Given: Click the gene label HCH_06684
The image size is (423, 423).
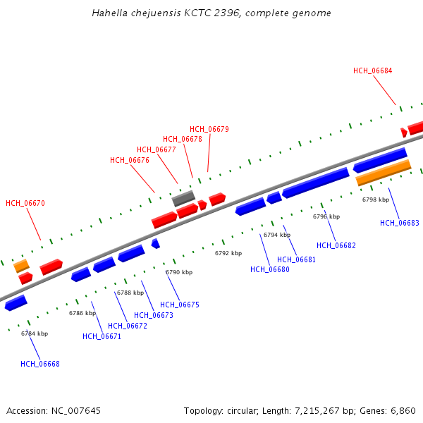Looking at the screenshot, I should pyautogui.click(x=372, y=70).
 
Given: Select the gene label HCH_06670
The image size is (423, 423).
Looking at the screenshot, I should pyautogui.click(x=25, y=203).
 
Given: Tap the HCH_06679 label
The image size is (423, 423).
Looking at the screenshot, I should pyautogui.click(x=209, y=129).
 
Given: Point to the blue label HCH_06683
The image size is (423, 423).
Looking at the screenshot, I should pyautogui.click(x=399, y=223).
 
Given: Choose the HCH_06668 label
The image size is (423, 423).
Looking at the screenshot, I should pyautogui.click(x=39, y=364).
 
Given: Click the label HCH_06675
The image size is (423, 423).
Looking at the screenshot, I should pyautogui.click(x=179, y=305).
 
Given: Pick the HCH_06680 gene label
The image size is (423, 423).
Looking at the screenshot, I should pyautogui.click(x=269, y=269).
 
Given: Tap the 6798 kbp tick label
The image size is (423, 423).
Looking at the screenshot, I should pyautogui.click(x=375, y=200).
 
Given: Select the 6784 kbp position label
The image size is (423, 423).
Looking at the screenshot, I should pyautogui.click(x=34, y=333).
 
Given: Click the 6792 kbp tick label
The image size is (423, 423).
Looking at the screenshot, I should pyautogui.click(x=228, y=253).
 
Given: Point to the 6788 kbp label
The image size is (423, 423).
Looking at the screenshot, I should pyautogui.click(x=130, y=293).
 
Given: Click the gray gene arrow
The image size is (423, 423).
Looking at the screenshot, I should pyautogui.click(x=183, y=198).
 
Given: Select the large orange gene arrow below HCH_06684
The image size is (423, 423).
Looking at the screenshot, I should pyautogui.click(x=383, y=172).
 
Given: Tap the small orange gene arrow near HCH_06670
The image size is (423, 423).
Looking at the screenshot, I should pyautogui.click(x=21, y=265).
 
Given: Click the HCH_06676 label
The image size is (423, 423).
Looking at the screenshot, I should pyautogui.click(x=129, y=160).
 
